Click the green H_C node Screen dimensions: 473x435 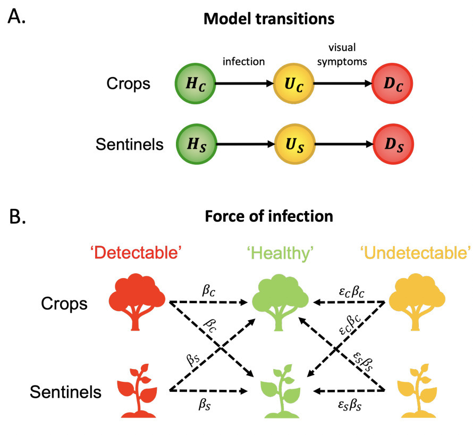[x=195, y=83]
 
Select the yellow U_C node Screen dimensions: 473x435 [x=293, y=83]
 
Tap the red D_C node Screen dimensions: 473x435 [x=392, y=83]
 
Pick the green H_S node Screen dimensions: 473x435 [x=197, y=144]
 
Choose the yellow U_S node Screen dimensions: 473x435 [x=295, y=144]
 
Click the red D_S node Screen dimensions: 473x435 [x=393, y=144]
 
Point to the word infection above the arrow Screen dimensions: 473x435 [x=244, y=62]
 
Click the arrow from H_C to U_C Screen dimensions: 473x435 [x=244, y=83]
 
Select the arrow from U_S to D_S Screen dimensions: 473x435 [x=344, y=144]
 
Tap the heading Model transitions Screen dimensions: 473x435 [x=269, y=19]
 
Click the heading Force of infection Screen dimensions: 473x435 [x=269, y=216]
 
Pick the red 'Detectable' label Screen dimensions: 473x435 [x=136, y=253]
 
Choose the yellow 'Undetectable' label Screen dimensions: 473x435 [x=416, y=253]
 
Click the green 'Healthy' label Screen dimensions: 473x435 [x=280, y=253]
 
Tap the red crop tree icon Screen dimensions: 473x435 [x=137, y=302]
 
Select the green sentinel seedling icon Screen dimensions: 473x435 [x=281, y=391]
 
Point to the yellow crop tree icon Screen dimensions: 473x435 [x=417, y=302]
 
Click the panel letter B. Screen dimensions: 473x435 [x=18, y=216]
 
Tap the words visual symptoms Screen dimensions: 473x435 [x=342, y=55]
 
